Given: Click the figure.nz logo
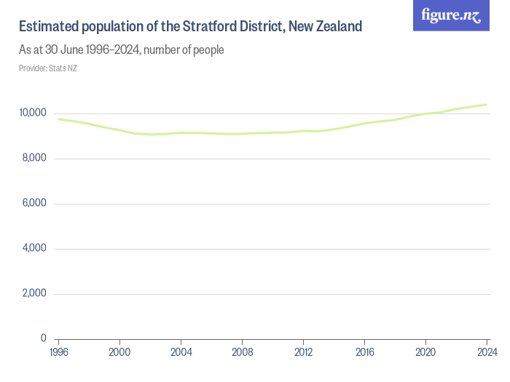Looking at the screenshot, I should coord(451,15).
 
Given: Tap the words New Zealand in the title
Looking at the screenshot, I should coord(325,27).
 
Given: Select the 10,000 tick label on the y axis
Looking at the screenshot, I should coord(33,114).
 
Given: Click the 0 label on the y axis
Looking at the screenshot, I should coord(43,339).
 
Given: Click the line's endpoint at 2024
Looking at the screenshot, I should coord(486,105).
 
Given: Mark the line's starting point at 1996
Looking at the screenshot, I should coord(59,119).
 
